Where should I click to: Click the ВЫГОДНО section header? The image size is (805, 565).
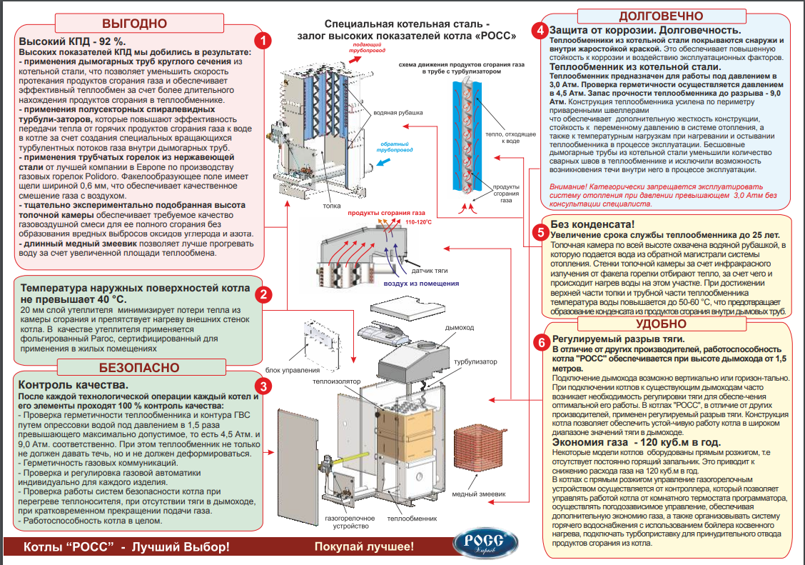133,22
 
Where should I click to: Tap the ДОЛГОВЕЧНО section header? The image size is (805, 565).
660,16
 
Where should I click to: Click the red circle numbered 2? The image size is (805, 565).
263,294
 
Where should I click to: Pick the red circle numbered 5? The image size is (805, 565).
541,232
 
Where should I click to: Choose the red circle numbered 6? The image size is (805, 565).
541,342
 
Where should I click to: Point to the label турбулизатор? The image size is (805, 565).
475,361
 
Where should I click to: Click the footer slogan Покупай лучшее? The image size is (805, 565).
364,547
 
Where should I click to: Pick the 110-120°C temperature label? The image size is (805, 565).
419,223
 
